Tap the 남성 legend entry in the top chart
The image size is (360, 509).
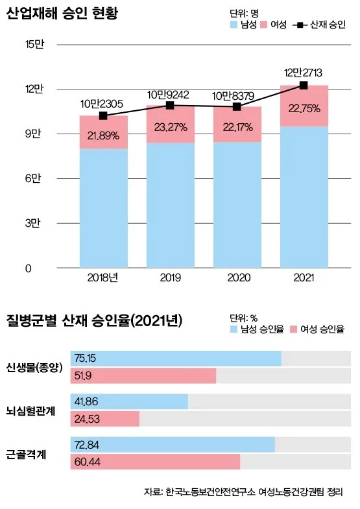pos(244,25)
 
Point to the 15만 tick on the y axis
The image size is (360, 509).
pos(33,44)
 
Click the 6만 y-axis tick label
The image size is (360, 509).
pos(33,178)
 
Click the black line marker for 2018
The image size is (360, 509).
pos(103,115)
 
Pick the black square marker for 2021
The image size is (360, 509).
pos(304,85)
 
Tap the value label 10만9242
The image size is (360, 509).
pos(169,94)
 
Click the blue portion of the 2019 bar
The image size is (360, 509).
pos(170,204)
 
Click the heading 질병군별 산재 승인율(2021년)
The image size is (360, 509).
pos(95,320)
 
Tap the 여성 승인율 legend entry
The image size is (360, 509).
pos(318,329)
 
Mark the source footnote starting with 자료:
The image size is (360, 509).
pos(243,493)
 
